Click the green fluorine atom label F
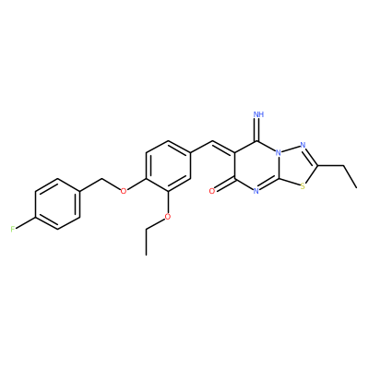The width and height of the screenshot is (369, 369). pyautogui.click(x=13, y=229)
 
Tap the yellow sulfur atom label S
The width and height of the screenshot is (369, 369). pyautogui.click(x=303, y=186)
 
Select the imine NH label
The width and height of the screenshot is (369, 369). pyautogui.click(x=259, y=114)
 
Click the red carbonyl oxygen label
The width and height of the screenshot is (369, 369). pyautogui.click(x=212, y=191)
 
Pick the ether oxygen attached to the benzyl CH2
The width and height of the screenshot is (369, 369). pyautogui.click(x=124, y=191)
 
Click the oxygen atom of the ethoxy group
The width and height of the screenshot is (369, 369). pyautogui.click(x=168, y=217)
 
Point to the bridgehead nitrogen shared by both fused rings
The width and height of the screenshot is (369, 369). pyautogui.click(x=279, y=153)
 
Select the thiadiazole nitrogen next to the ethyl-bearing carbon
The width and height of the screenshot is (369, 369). pyautogui.click(x=303, y=145)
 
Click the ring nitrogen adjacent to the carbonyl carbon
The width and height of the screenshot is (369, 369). pyautogui.click(x=256, y=191)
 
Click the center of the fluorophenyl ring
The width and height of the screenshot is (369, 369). pyautogui.click(x=57, y=204)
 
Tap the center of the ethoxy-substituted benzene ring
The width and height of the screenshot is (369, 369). pyautogui.click(x=168, y=166)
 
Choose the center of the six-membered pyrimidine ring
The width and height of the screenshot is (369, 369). pyautogui.click(x=256, y=166)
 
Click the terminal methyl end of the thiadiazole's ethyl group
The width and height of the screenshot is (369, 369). pyautogui.click(x=357, y=187)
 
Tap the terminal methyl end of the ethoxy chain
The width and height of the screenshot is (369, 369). pyautogui.click(x=146, y=255)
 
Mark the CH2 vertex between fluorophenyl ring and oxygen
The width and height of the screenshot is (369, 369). pyautogui.click(x=101, y=178)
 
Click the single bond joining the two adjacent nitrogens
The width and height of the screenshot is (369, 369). pyautogui.click(x=291, y=149)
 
